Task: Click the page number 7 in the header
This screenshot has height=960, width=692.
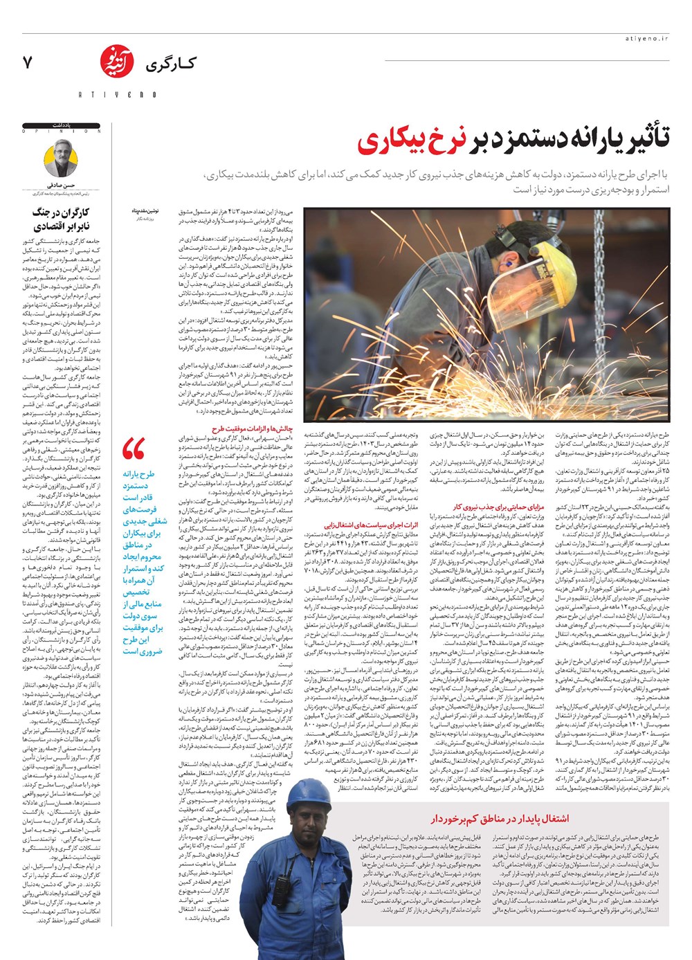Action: point(28,62)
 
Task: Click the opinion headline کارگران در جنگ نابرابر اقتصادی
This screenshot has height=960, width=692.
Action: point(62,219)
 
